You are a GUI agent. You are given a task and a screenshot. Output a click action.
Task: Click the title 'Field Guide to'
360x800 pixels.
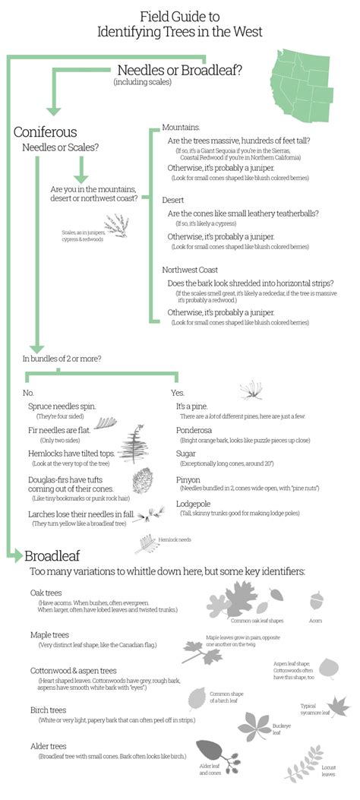[x=179, y=15]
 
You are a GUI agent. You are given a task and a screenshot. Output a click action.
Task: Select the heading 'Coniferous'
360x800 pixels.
[x=45, y=132]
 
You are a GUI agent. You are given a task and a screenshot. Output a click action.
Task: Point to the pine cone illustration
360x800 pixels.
[x=143, y=482]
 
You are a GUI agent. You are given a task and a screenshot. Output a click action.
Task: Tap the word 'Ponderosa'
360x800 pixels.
[x=194, y=429]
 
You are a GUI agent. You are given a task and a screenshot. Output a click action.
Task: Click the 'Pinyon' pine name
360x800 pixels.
[x=188, y=480]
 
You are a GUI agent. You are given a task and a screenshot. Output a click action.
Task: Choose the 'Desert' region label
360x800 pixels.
[x=172, y=200]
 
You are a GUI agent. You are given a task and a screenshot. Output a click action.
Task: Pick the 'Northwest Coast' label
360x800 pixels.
[x=190, y=270]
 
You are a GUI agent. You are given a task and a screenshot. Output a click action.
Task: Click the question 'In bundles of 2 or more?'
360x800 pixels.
[x=62, y=358]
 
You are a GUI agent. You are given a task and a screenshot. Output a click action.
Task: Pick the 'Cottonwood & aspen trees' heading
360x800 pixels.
[x=73, y=671]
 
